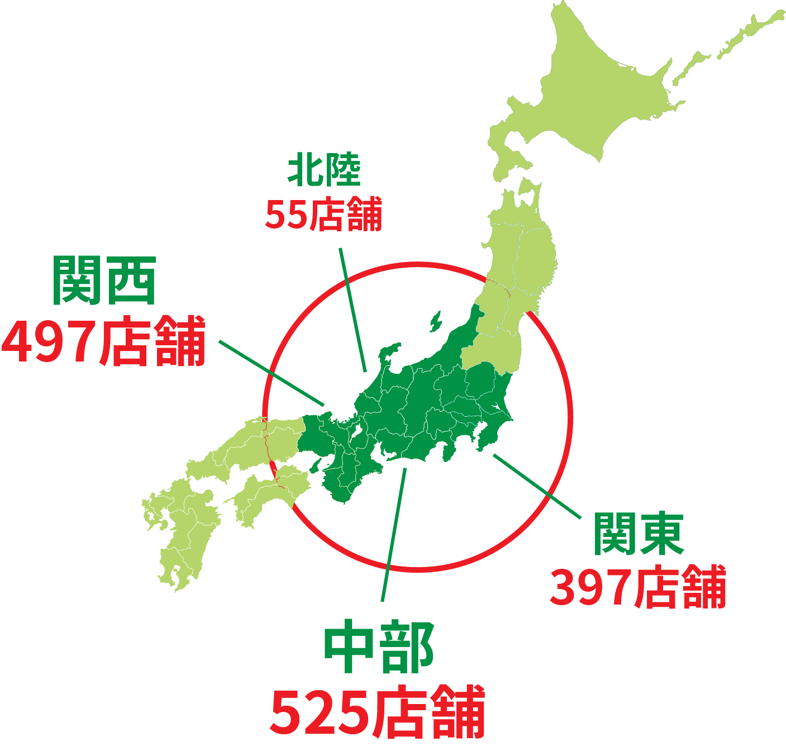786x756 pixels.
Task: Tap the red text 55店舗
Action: coord(323,214)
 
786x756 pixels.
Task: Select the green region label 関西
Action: coord(104,280)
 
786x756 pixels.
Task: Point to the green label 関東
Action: coord(638,534)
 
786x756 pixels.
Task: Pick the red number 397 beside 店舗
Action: coord(590,587)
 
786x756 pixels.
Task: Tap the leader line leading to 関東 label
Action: coord(536,486)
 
